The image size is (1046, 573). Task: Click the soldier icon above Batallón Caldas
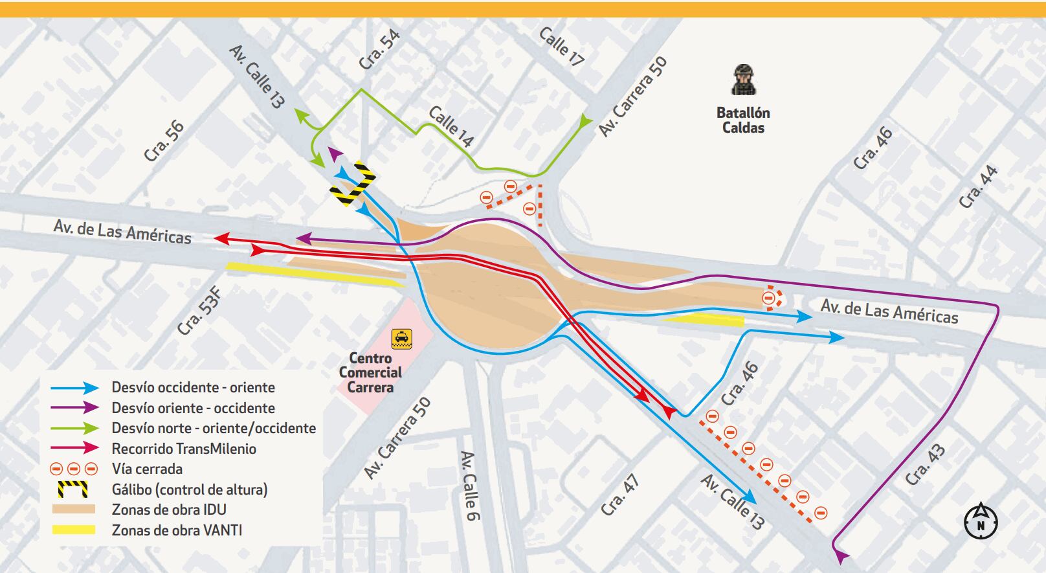744,80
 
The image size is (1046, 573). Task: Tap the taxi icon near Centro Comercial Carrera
401,339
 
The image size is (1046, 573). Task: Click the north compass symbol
981,521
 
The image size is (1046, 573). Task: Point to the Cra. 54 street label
380,50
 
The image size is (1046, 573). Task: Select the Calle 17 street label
561,47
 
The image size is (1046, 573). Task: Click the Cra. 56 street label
164,141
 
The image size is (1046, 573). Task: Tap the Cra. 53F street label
199,311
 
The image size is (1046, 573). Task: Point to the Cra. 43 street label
925,465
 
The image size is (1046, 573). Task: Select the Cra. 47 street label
620,495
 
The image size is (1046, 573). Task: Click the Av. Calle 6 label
469,486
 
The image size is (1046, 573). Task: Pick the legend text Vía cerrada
147,469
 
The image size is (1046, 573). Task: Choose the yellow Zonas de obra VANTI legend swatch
74,530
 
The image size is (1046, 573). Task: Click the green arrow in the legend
75,428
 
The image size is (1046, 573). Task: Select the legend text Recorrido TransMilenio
184,449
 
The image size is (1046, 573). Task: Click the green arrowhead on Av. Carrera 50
586,120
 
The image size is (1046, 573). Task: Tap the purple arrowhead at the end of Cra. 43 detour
842,555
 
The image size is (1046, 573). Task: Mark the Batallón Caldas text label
743,120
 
